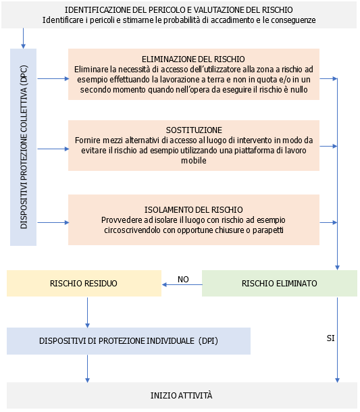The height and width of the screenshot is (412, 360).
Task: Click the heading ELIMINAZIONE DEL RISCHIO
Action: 193,59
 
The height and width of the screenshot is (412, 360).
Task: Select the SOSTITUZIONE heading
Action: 193,130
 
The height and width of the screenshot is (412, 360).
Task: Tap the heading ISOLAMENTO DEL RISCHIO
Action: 193,209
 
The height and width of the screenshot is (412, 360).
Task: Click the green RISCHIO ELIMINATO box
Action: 279,283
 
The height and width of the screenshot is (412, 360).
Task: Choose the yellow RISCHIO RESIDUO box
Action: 84,283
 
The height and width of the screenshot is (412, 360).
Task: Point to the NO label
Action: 182,279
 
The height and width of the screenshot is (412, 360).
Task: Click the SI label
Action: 330,336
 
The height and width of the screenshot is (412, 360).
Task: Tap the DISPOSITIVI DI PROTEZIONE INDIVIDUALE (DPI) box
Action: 128,341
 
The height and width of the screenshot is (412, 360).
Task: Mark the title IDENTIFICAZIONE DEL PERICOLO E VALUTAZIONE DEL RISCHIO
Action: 179,10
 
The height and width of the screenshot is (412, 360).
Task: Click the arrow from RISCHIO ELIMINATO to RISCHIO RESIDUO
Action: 182,284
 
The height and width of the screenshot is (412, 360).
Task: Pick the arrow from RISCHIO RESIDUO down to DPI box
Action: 88,312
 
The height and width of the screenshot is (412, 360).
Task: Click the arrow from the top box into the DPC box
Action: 24,38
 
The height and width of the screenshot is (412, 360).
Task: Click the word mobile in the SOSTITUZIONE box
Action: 193,161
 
